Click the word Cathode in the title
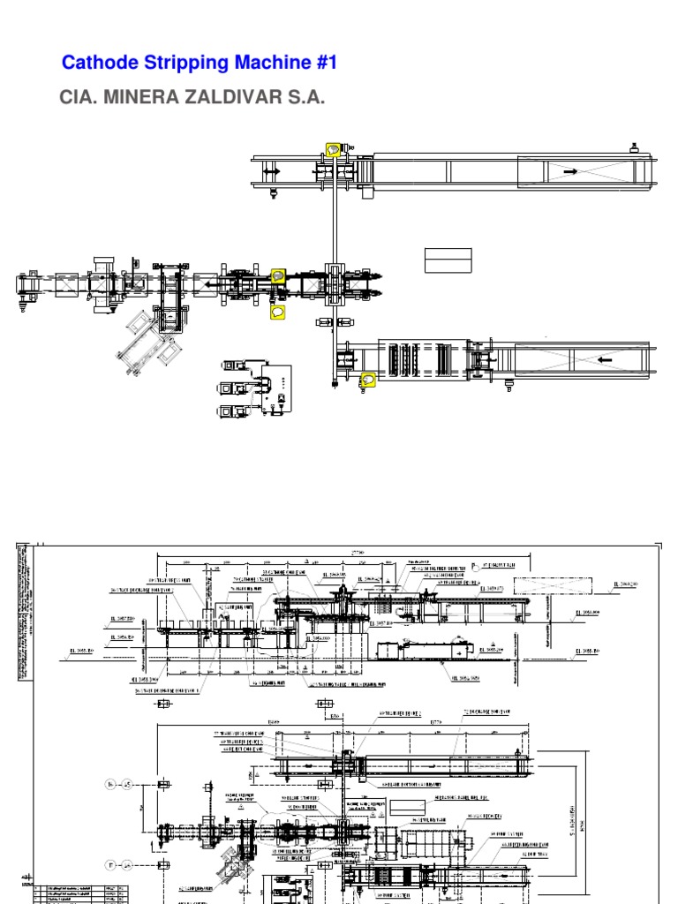(94, 63)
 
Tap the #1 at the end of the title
(324, 63)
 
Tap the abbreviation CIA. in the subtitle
(78, 97)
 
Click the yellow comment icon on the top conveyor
(333, 150)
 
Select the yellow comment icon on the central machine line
(278, 276)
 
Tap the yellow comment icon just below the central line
(278, 312)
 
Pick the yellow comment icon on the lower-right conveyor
(366, 380)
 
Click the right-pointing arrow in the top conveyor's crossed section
(570, 171)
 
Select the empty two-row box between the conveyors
(448, 260)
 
